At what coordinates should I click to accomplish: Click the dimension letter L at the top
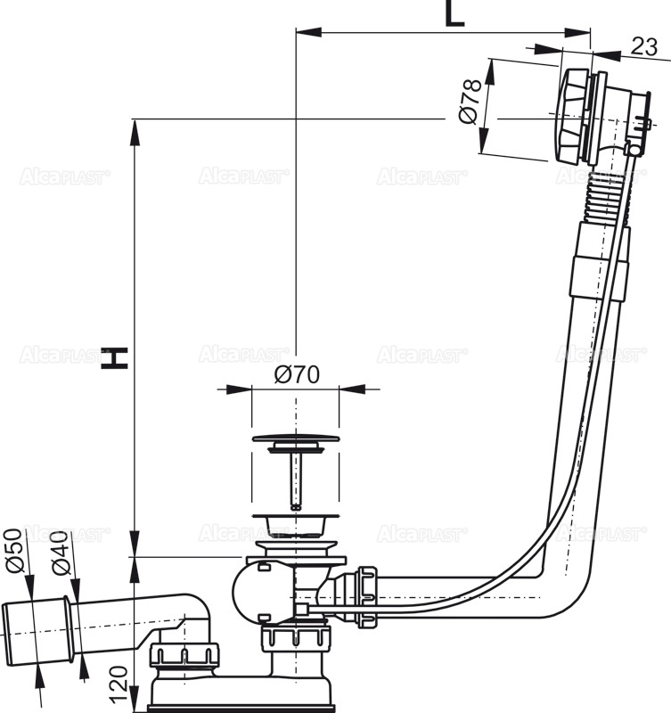pyautogui.click(x=454, y=14)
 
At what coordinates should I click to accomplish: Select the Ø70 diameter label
pyautogui.click(x=297, y=375)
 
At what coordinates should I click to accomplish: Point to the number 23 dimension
pyautogui.click(x=643, y=48)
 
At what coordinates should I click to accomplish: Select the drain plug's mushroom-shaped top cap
pyautogui.click(x=294, y=439)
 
